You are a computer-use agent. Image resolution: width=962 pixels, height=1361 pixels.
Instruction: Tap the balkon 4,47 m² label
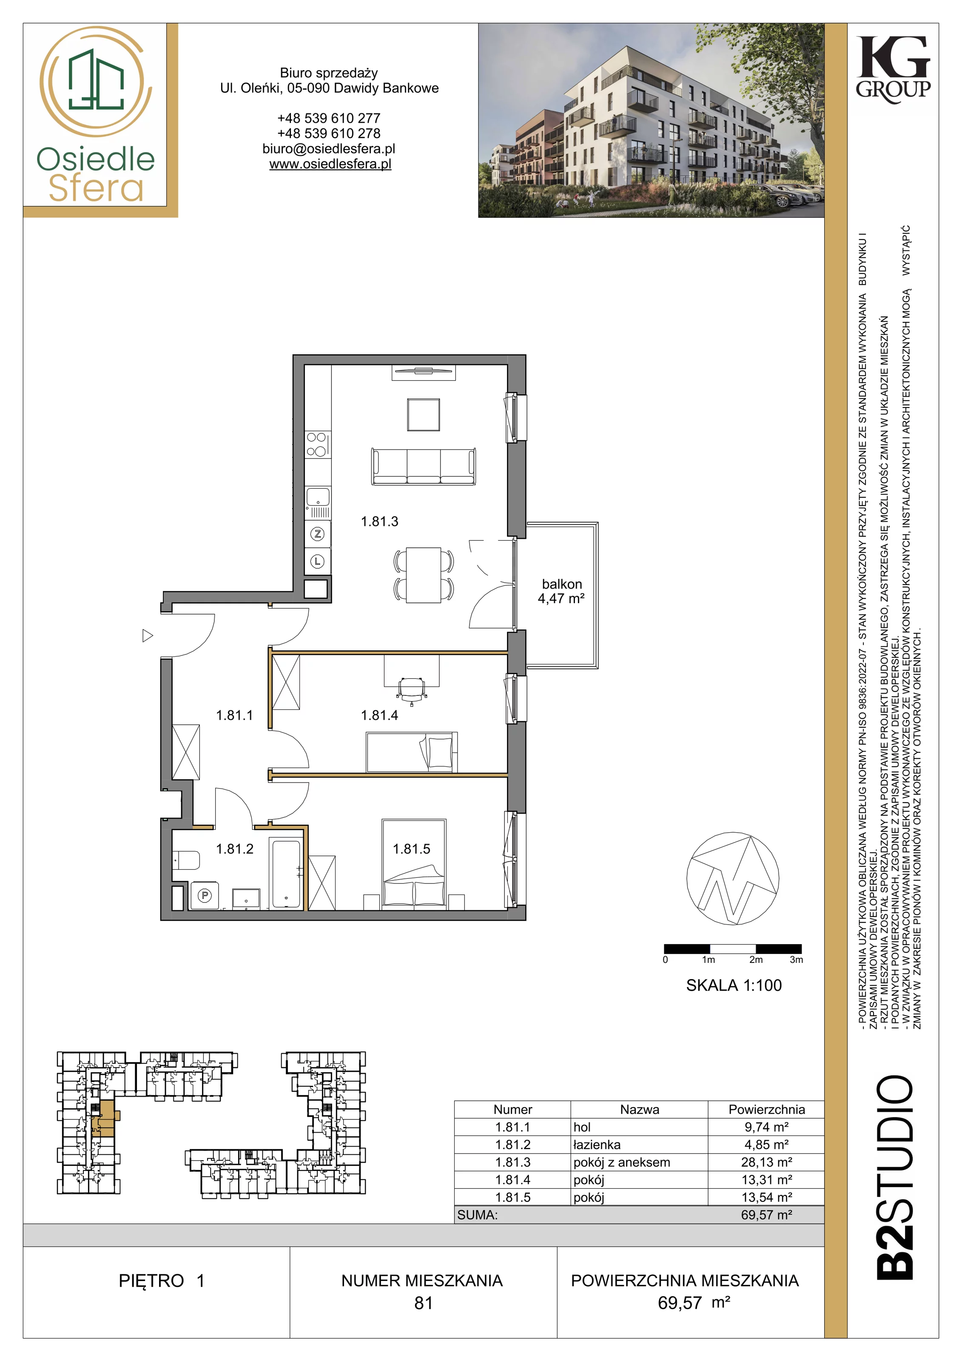coord(561,592)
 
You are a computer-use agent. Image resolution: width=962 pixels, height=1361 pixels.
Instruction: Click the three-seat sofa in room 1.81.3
coord(423,467)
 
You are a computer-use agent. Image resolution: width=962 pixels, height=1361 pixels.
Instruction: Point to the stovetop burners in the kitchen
coord(317,444)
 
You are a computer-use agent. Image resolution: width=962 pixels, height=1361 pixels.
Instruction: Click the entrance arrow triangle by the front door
coord(148,636)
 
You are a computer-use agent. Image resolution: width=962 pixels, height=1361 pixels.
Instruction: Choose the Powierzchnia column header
coord(766,1110)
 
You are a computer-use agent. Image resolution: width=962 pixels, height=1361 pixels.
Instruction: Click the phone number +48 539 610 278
coord(329,134)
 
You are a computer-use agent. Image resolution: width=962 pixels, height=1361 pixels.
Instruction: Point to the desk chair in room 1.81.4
coord(412,689)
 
